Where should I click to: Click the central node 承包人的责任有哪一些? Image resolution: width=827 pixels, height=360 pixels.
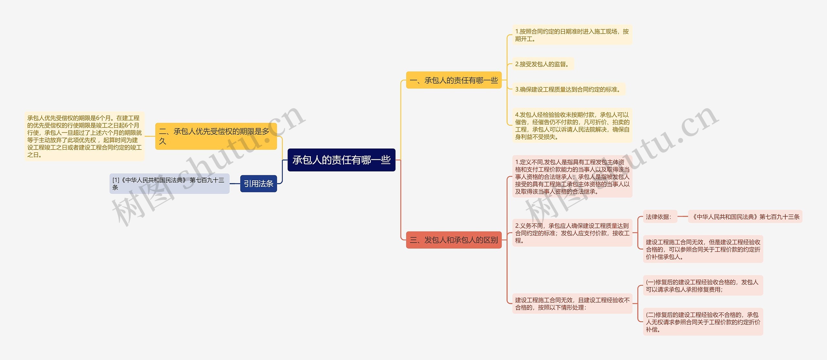point(341,160)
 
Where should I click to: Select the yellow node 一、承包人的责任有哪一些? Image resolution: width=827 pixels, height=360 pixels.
point(454,80)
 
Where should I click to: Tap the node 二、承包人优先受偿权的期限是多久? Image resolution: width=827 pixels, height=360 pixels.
point(216,136)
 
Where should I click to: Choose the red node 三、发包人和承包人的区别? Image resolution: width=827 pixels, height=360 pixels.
point(454,240)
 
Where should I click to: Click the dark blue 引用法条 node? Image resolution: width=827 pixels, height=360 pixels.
point(258,184)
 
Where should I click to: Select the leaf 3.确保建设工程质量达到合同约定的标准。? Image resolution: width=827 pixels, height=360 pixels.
point(569,89)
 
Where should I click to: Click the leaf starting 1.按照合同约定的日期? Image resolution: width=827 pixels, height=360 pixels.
point(572,35)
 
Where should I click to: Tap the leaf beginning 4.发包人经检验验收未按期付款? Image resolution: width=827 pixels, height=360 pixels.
point(572,126)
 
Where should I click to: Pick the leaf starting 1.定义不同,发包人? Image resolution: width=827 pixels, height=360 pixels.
point(572,177)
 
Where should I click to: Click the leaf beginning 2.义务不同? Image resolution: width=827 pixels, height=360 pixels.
point(572,233)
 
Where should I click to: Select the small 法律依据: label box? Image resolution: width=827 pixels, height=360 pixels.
point(659,217)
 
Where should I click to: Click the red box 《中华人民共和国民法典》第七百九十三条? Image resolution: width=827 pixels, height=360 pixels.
point(745,217)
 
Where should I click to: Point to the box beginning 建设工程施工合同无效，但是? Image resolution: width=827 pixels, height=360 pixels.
point(703,249)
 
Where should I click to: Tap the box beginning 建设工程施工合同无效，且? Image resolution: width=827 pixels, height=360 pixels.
point(572,303)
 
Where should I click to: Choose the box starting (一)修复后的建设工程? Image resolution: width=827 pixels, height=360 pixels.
point(703,285)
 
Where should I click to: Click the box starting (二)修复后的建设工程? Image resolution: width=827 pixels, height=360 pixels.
point(703,322)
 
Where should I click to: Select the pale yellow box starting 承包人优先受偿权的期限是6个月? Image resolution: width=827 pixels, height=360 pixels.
point(84,136)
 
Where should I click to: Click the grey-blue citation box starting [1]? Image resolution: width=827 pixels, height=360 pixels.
point(169,184)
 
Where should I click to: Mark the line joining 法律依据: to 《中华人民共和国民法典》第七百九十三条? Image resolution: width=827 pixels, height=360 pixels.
point(683,217)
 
